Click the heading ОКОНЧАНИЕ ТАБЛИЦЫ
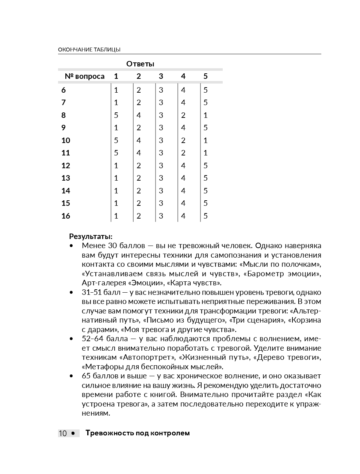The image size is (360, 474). click(x=89, y=50)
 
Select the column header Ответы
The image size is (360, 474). click(x=140, y=64)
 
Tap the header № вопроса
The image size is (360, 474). click(x=84, y=76)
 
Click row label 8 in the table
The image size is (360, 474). click(x=64, y=115)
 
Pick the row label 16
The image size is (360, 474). click(x=66, y=216)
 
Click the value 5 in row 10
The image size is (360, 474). click(x=116, y=140)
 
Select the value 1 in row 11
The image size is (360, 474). click(x=206, y=153)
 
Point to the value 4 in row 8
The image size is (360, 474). click(x=139, y=115)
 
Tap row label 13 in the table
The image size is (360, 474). click(x=66, y=178)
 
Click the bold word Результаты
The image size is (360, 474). click(x=91, y=236)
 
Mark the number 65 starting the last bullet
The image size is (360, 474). click(x=86, y=376)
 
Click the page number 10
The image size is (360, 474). click(x=63, y=433)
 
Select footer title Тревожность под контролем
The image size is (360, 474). click(x=137, y=433)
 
